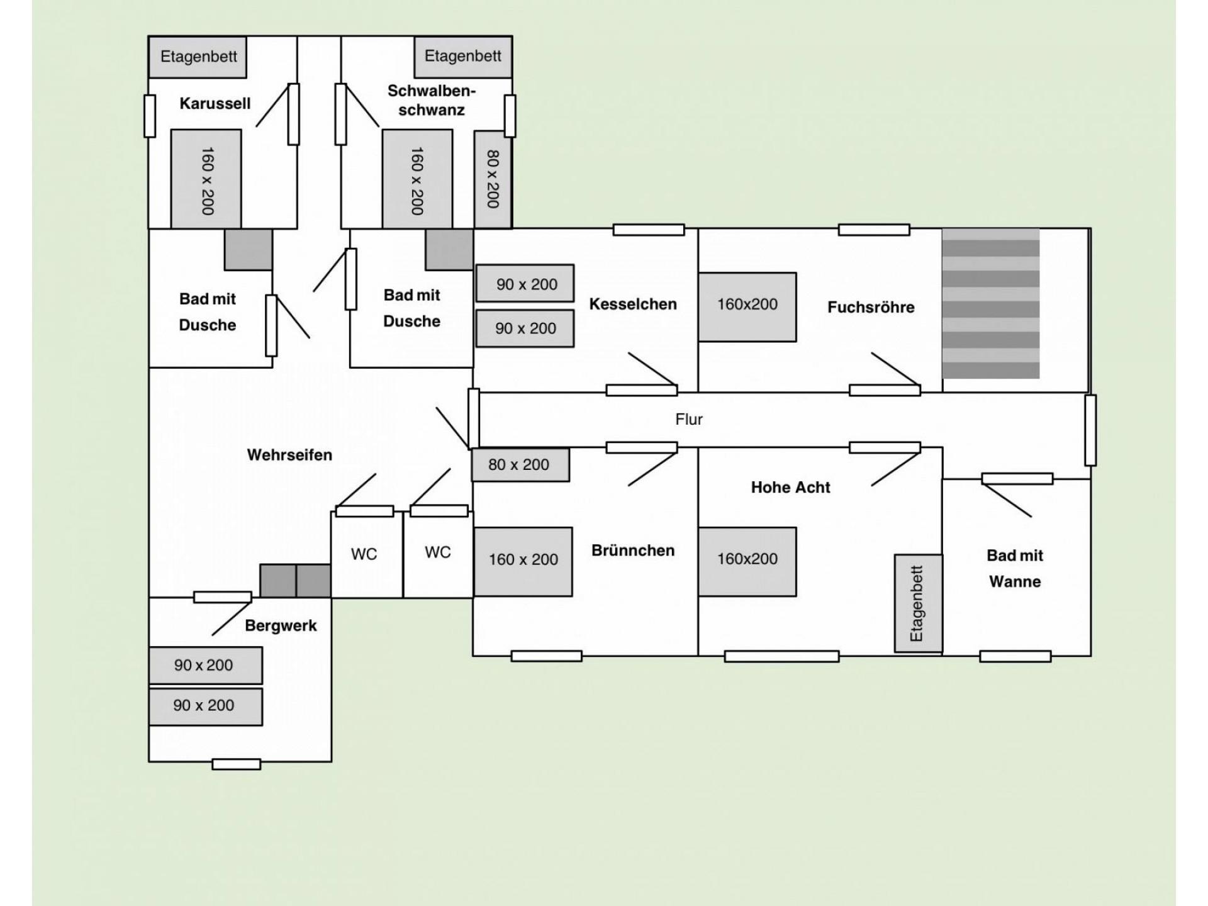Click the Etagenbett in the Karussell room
coord(198,57)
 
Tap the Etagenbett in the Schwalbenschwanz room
coord(462,56)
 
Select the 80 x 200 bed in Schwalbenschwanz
coord(493,179)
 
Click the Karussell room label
coord(215,103)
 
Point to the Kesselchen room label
coord(633,304)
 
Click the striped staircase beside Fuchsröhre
coord(990,304)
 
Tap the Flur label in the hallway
coord(689,420)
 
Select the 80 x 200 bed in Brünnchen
coord(520,465)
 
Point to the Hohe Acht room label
coord(790,487)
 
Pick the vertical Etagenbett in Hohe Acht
coord(918,603)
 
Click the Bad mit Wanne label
coord(1014,568)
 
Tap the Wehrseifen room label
coord(289,455)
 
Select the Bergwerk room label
coord(281,625)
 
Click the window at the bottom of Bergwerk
coord(236,764)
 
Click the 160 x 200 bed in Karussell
coord(206,179)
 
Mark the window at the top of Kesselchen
coord(649,230)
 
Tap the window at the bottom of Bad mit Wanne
coord(1015,656)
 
